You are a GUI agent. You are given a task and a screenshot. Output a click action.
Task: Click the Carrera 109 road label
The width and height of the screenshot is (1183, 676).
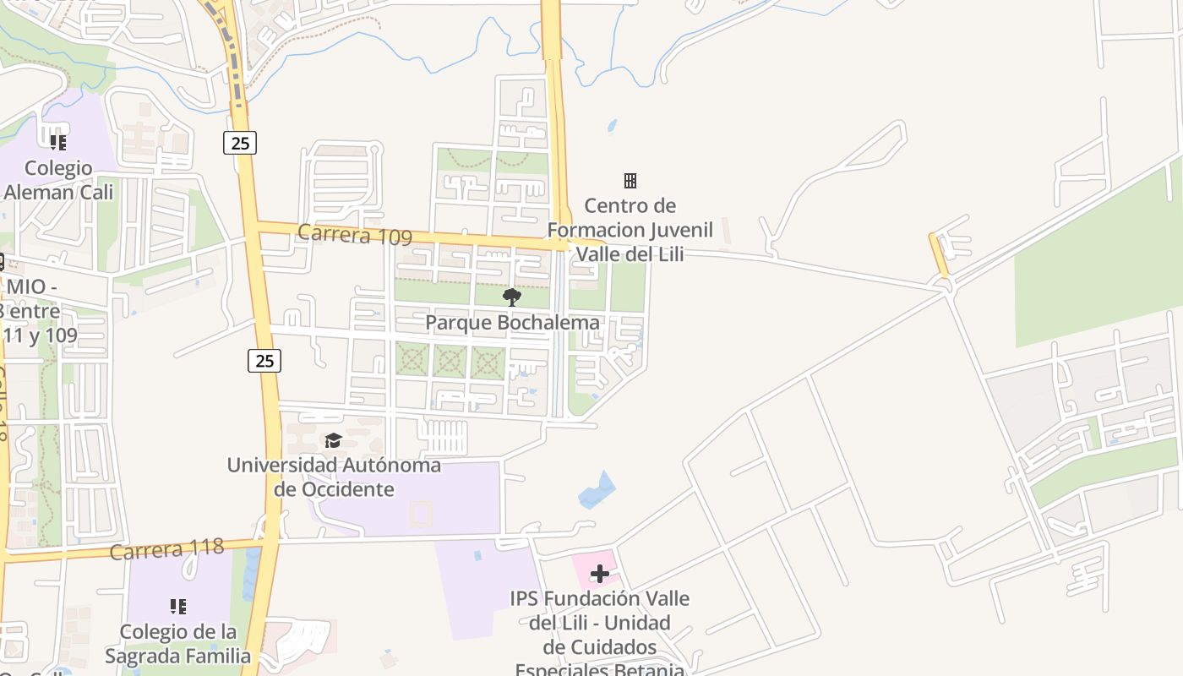[355, 235]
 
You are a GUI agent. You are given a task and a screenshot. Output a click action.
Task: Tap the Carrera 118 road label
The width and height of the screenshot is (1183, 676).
[167, 549]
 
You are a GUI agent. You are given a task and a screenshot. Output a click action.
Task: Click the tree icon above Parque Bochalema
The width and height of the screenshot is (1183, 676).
[511, 297]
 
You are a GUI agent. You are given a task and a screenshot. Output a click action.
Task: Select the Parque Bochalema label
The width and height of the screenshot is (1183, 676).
[512, 322]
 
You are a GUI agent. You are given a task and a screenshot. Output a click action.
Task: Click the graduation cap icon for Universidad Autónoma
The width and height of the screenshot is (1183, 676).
[333, 440]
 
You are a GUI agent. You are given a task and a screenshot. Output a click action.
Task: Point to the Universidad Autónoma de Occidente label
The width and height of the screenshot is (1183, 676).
[334, 477]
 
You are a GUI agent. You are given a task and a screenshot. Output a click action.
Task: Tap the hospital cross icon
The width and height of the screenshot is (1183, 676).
[600, 575]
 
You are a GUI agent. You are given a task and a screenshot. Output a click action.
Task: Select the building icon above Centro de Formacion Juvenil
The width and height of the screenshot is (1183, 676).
[630, 180]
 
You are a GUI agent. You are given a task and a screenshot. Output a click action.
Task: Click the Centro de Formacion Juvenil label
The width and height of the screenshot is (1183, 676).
[630, 229]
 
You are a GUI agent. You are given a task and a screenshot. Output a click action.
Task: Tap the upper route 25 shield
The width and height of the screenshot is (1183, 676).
[240, 143]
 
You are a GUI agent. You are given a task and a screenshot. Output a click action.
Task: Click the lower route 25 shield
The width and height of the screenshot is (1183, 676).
[264, 361]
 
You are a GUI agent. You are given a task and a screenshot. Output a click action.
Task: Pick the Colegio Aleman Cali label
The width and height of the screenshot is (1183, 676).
[57, 179]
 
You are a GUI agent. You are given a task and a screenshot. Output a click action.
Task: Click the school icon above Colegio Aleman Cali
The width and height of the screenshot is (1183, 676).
[57, 142]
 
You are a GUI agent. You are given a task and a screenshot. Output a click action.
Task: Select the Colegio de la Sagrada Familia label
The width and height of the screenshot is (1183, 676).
[177, 643]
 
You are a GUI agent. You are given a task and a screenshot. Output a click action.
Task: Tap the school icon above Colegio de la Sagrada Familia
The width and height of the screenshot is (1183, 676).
[177, 606]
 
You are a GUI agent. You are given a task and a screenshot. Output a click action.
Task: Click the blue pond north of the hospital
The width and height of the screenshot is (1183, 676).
[597, 490]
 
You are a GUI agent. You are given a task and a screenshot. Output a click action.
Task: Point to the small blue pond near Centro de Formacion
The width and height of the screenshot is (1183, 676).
[612, 127]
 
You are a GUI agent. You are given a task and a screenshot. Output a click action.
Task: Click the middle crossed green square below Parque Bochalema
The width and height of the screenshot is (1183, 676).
[450, 362]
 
